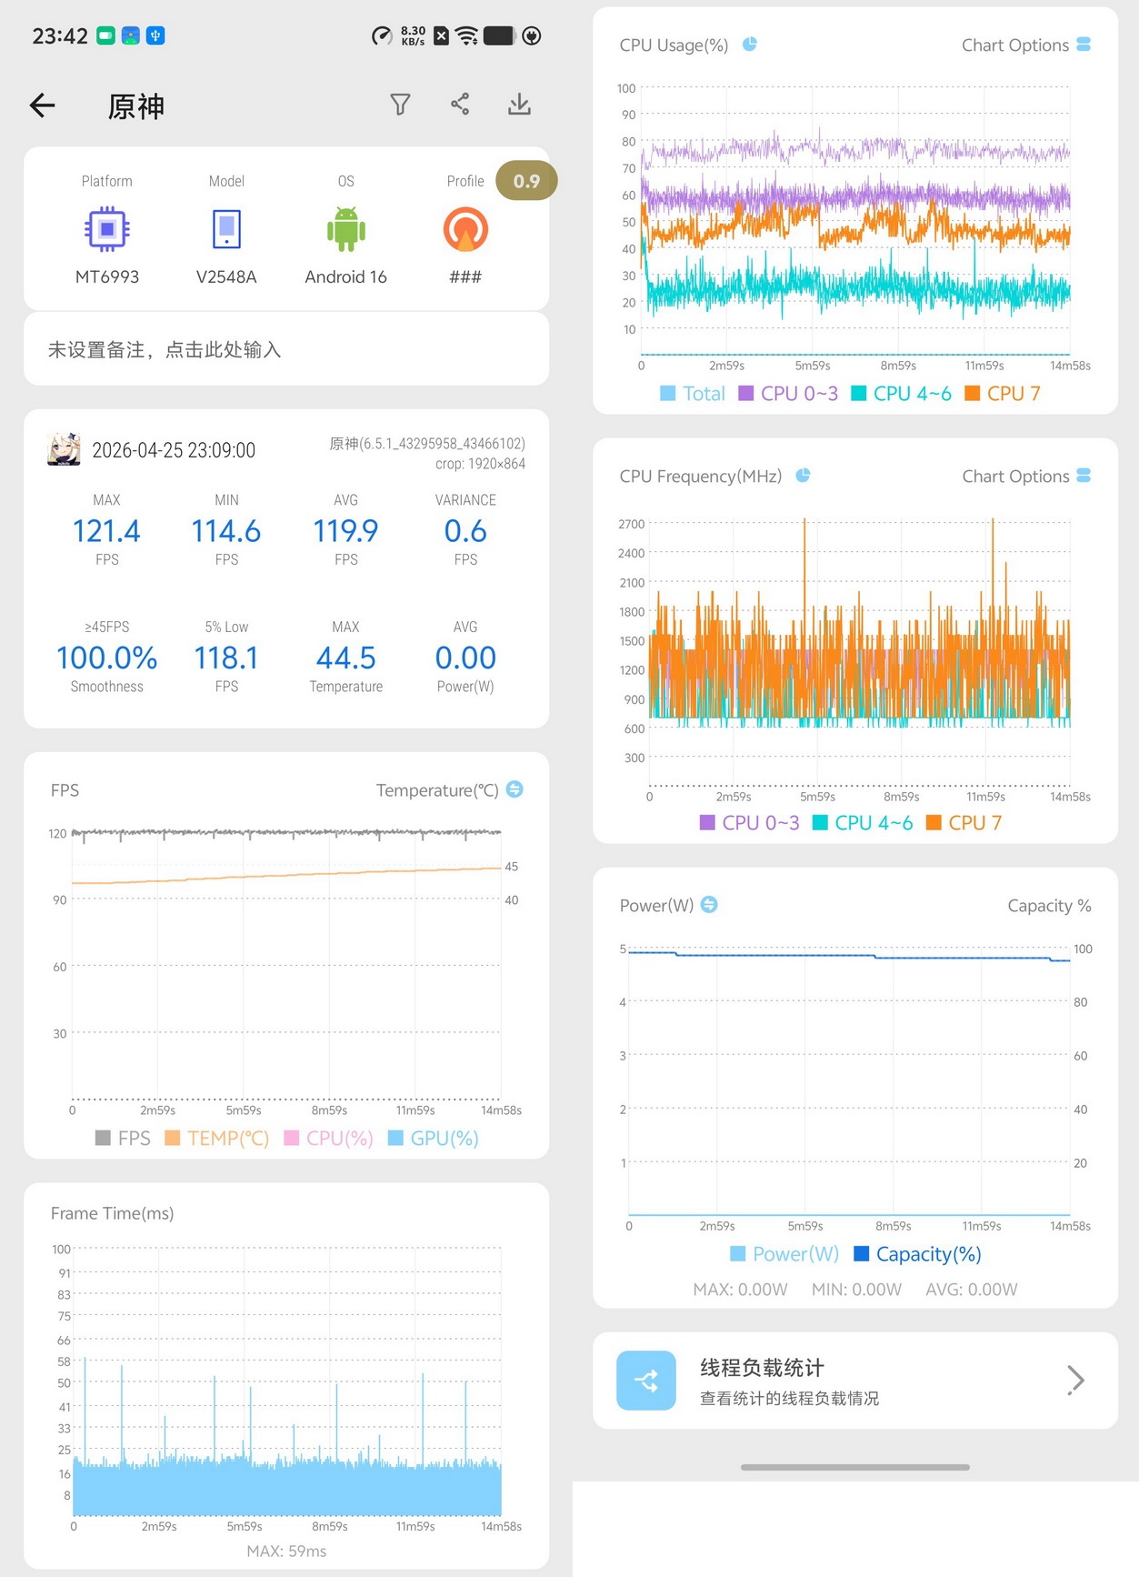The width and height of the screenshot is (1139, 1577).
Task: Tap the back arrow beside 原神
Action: coord(43,105)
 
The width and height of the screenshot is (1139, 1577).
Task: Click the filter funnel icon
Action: coord(400,105)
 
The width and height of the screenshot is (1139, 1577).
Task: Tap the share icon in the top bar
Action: coord(460,105)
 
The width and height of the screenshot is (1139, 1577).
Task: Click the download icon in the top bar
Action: coord(519,105)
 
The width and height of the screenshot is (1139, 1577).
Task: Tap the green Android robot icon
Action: coord(346,229)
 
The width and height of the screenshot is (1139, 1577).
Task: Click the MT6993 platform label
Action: coord(107,276)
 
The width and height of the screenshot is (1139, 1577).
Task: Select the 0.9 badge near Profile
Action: coord(526,181)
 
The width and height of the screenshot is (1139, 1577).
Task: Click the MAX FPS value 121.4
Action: coord(106,531)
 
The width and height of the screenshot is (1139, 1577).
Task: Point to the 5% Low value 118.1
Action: coord(226,658)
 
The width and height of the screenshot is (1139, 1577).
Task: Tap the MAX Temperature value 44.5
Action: coord(345,658)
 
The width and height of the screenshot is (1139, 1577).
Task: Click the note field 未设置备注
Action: coord(165,350)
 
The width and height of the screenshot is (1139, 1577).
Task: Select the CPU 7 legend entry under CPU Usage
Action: coord(1002,394)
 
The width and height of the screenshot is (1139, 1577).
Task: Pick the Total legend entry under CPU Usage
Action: coord(693,394)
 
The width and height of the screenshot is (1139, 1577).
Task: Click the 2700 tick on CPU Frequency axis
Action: coord(631,524)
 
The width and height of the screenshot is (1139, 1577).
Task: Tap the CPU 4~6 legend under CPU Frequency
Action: coord(863,823)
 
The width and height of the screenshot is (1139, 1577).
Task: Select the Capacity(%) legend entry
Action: coord(918,1254)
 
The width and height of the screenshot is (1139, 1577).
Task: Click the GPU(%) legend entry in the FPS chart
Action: coord(434,1139)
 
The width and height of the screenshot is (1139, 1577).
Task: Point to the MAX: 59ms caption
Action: coord(286,1551)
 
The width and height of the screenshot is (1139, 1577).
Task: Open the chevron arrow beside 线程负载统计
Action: coord(1076,1380)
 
